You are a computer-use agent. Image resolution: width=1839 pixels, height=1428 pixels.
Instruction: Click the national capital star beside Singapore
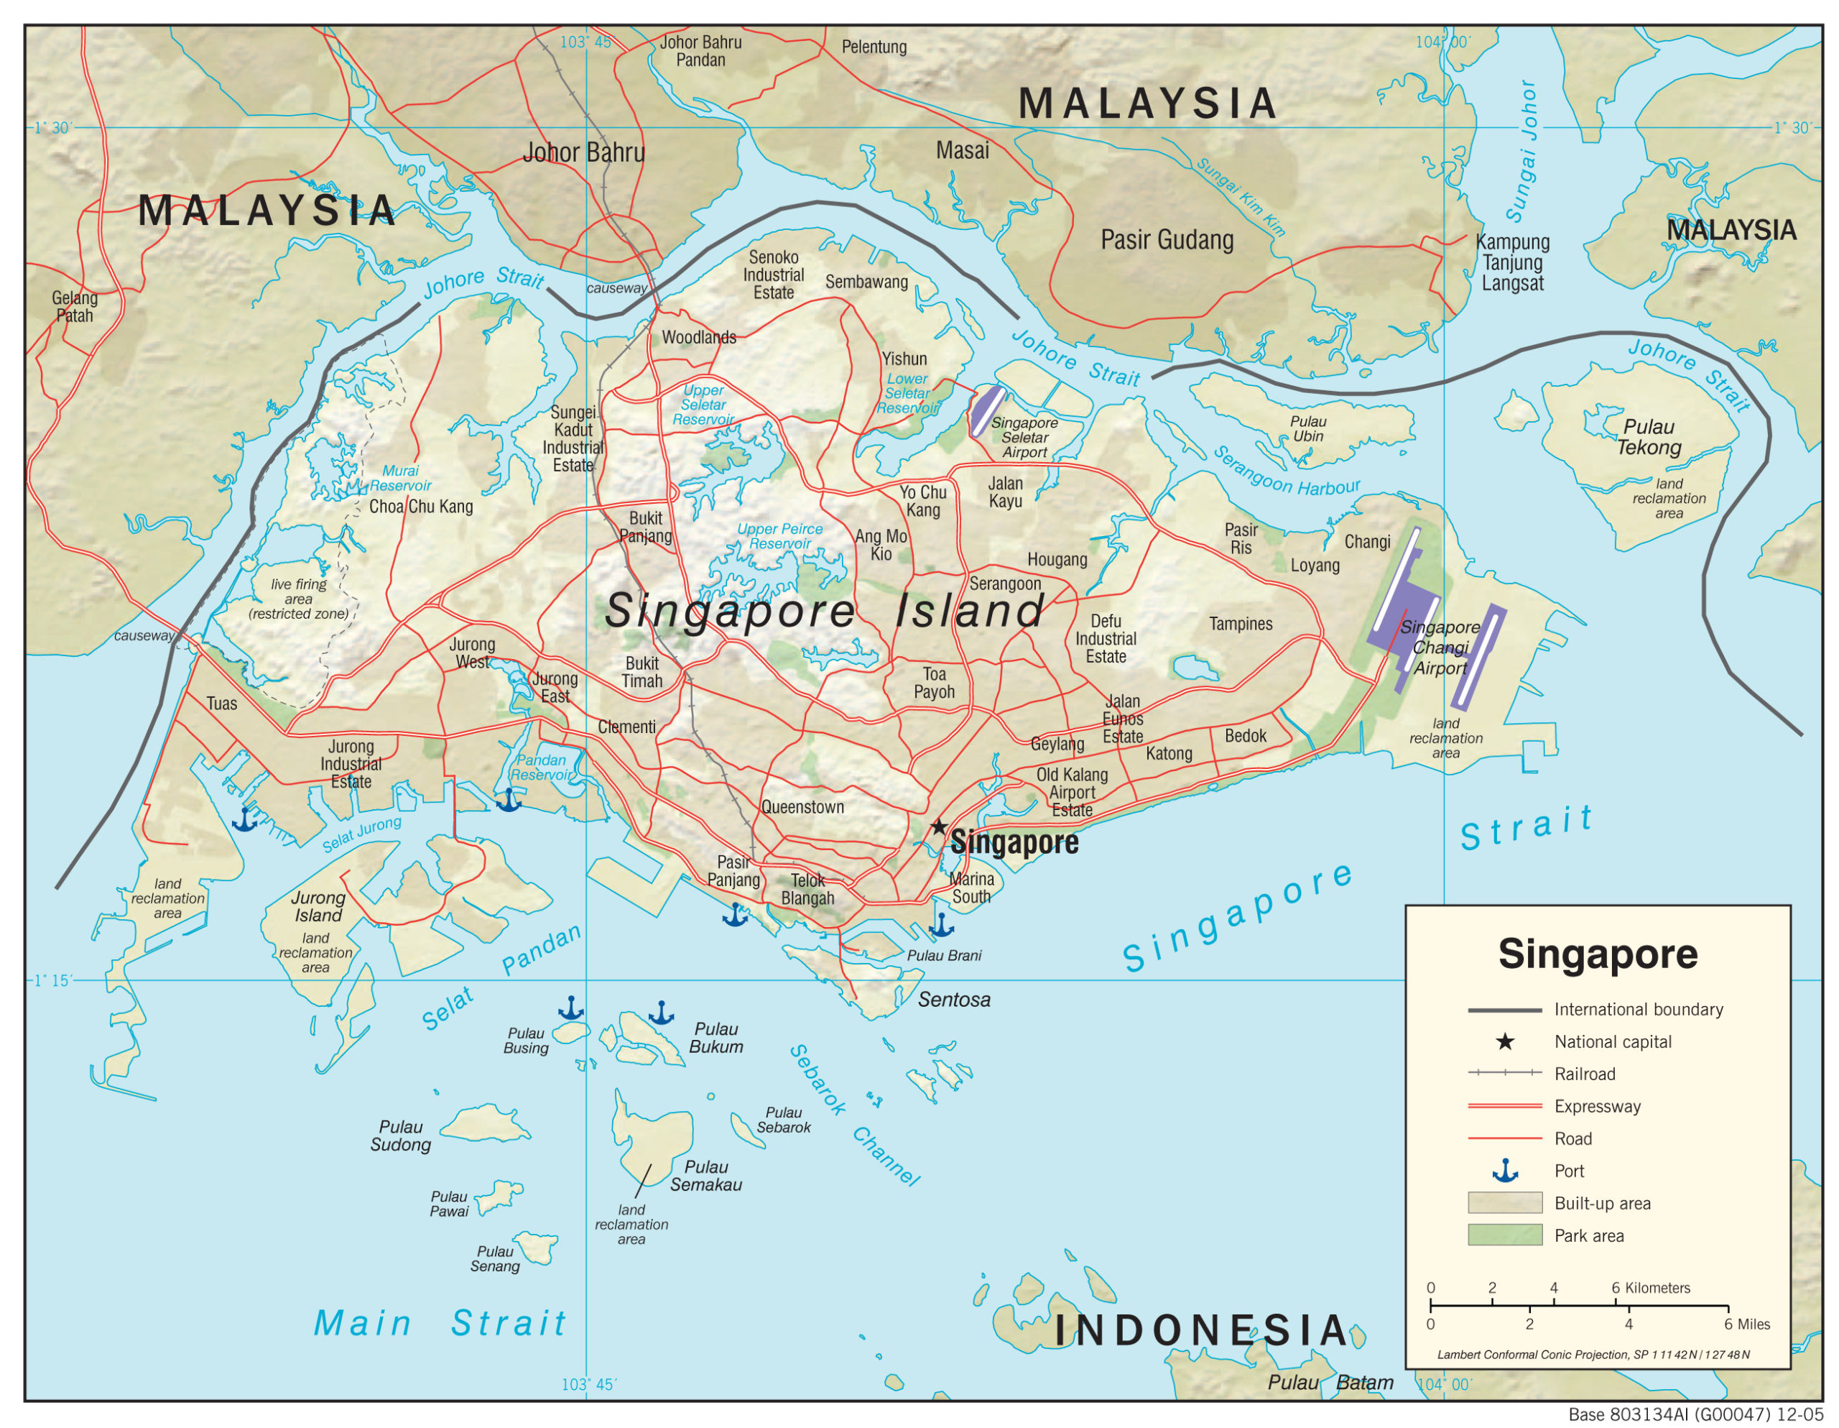click(x=939, y=826)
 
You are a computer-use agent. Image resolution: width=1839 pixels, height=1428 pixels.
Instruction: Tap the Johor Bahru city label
click(x=583, y=152)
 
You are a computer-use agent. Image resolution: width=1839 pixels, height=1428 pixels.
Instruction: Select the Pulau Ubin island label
click(x=1307, y=428)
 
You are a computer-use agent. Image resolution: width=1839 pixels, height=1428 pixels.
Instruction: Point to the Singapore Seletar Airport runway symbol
click(x=987, y=410)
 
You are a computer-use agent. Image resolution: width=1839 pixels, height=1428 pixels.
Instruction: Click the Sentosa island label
click(x=953, y=999)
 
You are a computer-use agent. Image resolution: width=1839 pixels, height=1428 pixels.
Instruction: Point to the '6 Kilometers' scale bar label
click(x=1649, y=1287)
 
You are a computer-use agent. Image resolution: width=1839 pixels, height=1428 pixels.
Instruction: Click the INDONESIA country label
click(x=1201, y=1330)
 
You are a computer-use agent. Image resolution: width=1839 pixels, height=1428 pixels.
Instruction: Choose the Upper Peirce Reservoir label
click(x=779, y=536)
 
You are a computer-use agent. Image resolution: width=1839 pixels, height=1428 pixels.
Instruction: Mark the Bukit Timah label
click(x=641, y=671)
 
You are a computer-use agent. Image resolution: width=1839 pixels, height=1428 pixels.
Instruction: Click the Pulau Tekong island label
click(x=1648, y=436)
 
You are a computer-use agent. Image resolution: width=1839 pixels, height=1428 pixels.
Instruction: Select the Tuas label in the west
click(x=221, y=704)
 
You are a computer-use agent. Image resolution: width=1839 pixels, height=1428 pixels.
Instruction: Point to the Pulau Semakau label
click(x=705, y=1175)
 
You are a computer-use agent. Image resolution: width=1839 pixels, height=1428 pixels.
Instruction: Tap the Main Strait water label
click(x=440, y=1322)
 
